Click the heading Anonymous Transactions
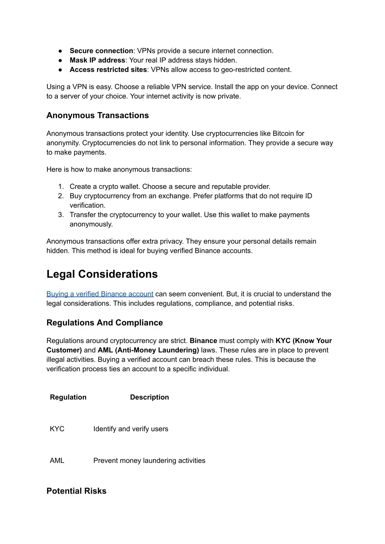coord(97,115)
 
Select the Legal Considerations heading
coord(102,274)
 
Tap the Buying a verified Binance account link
coord(100,294)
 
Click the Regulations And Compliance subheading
coord(105,323)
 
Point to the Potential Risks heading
coord(76,491)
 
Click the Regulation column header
coord(68,397)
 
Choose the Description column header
coord(149,397)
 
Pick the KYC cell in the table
coord(57,429)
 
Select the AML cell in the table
coord(57,460)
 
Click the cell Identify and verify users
coord(130,429)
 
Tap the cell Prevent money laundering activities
coord(149,460)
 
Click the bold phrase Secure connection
coord(101,51)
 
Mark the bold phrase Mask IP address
coord(97,60)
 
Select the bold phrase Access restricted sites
coord(108,70)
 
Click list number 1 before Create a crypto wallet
coord(61,187)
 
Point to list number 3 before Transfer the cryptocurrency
coord(61,215)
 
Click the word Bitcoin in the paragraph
coord(283,134)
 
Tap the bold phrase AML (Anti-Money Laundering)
coord(148,350)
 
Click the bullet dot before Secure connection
coord(60,51)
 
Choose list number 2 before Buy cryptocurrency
coord(61,196)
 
